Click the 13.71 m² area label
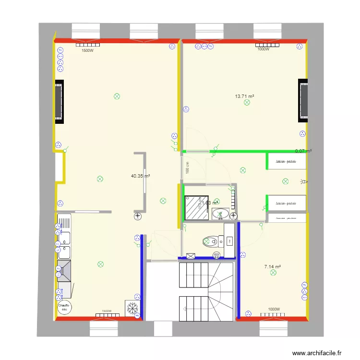click(244, 96)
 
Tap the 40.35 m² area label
click(140, 176)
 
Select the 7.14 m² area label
click(272, 267)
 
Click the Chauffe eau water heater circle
click(64, 308)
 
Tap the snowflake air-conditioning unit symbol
click(131, 308)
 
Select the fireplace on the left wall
click(59, 102)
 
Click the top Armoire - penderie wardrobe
click(287, 161)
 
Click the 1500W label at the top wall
click(87, 50)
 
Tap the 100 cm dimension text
click(188, 168)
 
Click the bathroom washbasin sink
click(223, 213)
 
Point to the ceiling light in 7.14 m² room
click(274, 273)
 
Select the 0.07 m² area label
click(303, 151)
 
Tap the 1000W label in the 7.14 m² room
click(274, 310)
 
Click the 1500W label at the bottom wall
click(107, 311)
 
